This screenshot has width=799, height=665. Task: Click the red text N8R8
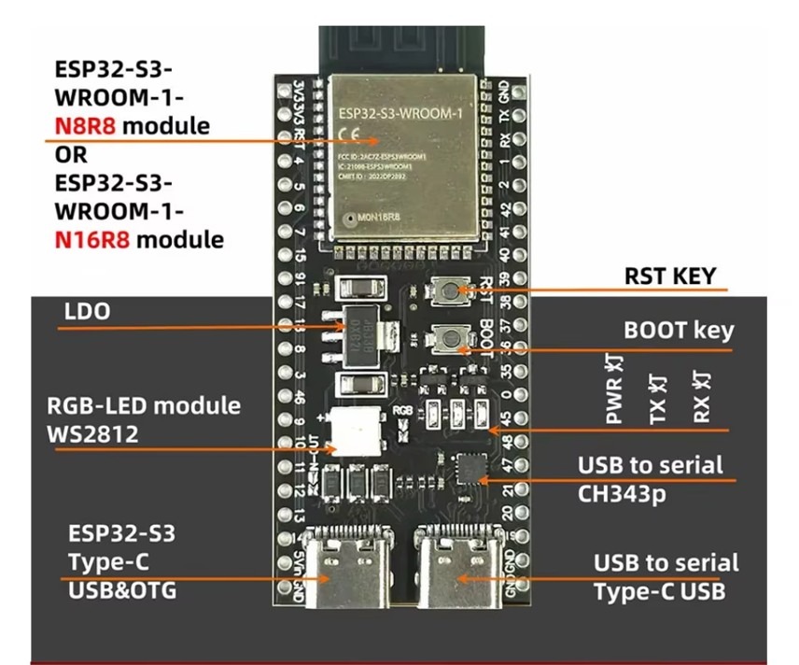(85, 125)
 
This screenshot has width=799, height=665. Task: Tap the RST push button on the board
(451, 290)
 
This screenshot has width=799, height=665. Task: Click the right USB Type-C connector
(454, 560)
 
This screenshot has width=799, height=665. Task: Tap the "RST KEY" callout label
(669, 276)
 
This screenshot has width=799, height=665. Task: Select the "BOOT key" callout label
(678, 331)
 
